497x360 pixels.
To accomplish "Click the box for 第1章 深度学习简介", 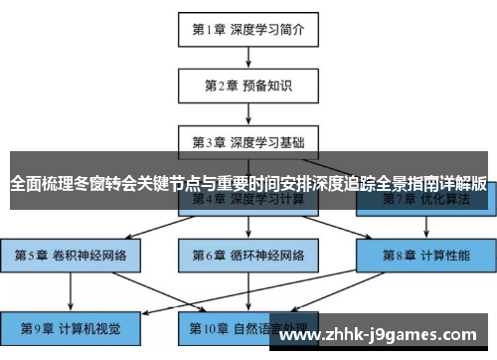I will point(248,29).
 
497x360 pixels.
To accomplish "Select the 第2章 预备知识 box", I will point(248,85).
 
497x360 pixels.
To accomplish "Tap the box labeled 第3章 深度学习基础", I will point(248,140).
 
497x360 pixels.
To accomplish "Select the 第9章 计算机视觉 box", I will point(71,325).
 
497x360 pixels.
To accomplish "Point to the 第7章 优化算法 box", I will point(424,200).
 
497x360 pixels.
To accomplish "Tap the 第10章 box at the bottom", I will point(248,325).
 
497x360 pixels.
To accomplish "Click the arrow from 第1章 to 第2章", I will point(248,57).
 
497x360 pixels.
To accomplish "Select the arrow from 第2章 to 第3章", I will point(248,112).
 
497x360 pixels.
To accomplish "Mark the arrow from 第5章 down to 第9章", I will point(71,290).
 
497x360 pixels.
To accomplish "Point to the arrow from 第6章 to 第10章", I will point(248,290).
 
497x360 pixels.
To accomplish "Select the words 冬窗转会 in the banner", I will point(102,184).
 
